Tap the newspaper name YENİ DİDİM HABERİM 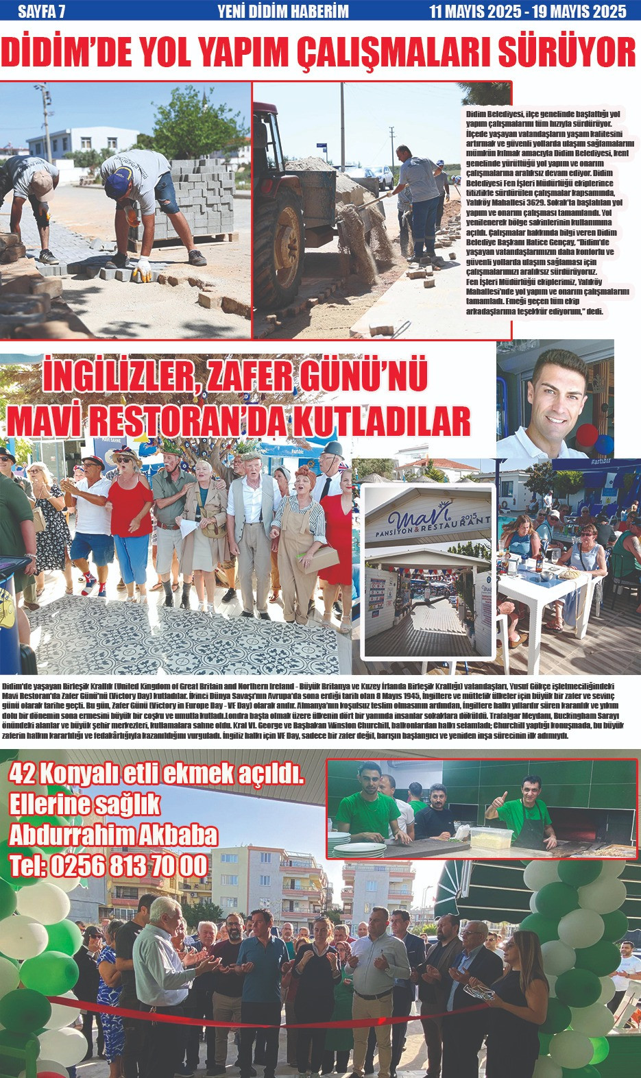click(282, 11)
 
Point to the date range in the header click(527, 11)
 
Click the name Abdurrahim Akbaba click(113, 835)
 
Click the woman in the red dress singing click(130, 521)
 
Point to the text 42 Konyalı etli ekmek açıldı click(156, 774)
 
